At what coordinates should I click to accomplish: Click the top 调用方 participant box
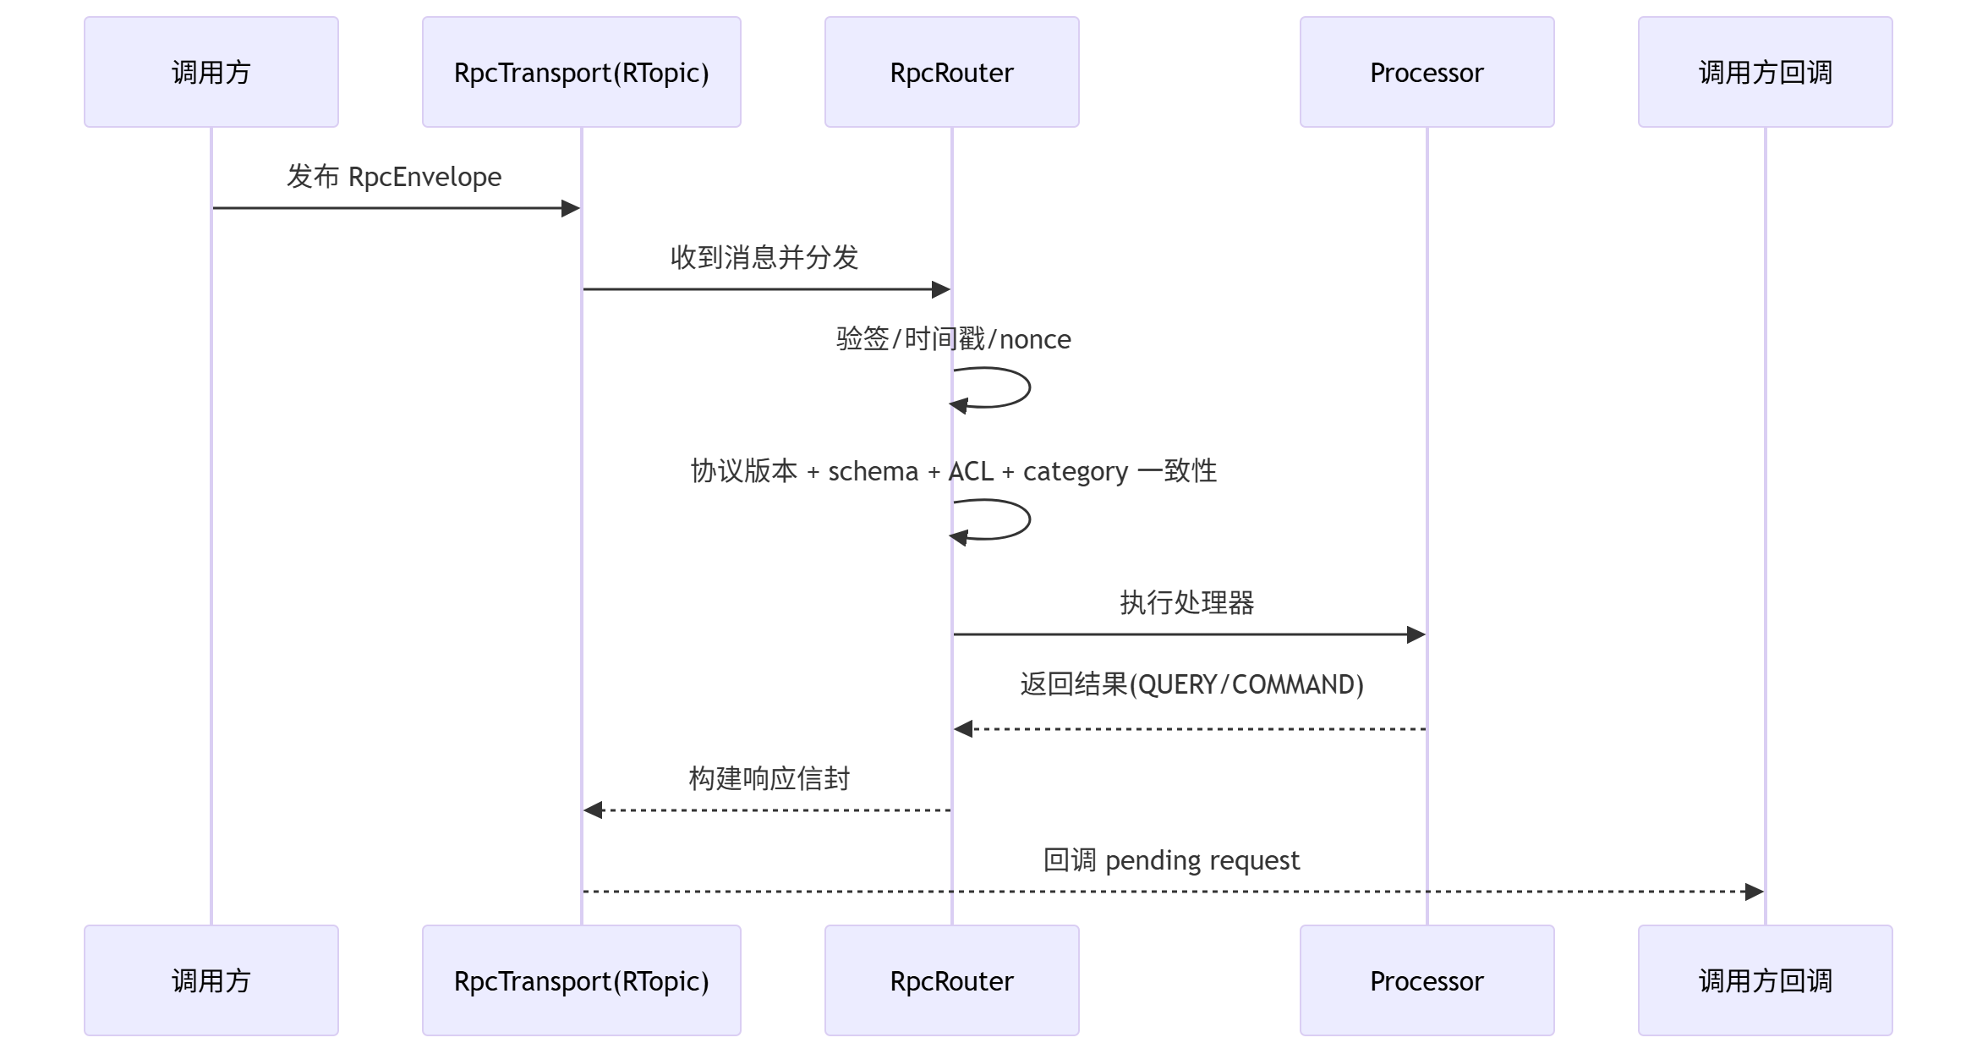coord(211,72)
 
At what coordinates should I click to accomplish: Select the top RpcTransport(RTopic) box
coord(582,72)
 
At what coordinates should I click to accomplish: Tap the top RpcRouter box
coord(952,72)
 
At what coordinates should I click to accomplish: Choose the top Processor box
coord(1427,72)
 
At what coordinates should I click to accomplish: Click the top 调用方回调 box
coord(1766,72)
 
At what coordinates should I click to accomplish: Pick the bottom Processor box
coord(1427,980)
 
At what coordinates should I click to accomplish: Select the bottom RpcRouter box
coord(952,980)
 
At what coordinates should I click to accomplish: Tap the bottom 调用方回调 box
coord(1766,980)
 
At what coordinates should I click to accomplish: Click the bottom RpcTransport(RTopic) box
coord(582,980)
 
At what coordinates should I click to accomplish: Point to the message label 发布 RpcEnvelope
coord(394,177)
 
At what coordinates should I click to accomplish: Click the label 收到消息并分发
coord(764,257)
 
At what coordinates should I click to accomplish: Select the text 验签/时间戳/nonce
coord(953,339)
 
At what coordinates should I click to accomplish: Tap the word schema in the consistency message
coord(873,471)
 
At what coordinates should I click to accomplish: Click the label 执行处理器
coord(1187,603)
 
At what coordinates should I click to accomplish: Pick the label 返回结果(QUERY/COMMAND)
coord(1191,684)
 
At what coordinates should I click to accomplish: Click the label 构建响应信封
coord(769,779)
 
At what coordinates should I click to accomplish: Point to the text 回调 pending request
coord(1171,860)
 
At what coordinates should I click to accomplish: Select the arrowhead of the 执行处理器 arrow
coord(1416,634)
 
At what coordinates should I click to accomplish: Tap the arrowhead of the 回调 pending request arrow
coord(1754,892)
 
